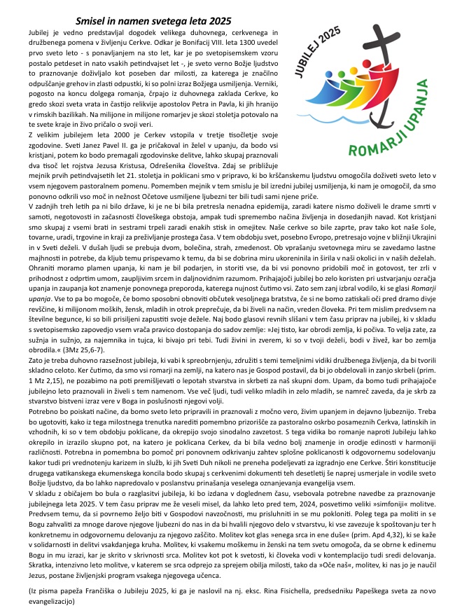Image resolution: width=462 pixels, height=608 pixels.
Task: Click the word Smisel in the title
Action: coord(93,22)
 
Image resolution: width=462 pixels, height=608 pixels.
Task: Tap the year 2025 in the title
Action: coord(216,22)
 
